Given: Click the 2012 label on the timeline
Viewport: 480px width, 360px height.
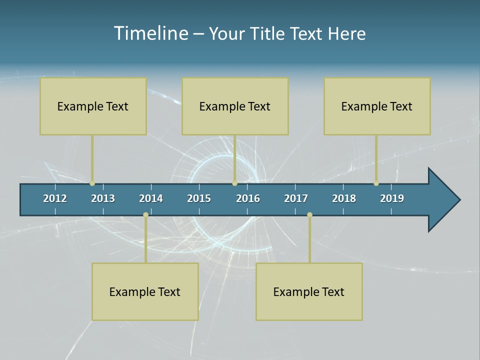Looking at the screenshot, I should (55, 198).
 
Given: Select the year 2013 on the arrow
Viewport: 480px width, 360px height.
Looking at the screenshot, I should (103, 198).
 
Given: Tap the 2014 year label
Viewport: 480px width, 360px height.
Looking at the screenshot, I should (151, 198).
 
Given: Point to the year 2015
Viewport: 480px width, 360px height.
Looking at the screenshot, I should (199, 198).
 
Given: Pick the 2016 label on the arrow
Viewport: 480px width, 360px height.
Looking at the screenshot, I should (248, 198).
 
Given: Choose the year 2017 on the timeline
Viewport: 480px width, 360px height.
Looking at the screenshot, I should (296, 198).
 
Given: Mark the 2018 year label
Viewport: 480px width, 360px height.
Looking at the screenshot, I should (344, 198).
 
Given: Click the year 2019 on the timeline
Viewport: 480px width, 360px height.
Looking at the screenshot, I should (392, 198).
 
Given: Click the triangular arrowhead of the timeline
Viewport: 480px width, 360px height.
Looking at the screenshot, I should (442, 200).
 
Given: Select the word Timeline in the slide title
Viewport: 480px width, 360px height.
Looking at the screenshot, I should (151, 33).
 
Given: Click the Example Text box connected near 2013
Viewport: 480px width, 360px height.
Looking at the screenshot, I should (93, 106).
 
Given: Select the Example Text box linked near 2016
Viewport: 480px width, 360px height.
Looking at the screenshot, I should (235, 106).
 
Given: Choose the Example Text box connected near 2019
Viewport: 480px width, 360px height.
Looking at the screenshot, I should (377, 106).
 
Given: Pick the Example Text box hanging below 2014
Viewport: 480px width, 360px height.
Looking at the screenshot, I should (145, 291).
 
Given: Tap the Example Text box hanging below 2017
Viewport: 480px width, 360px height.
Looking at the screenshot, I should (309, 291).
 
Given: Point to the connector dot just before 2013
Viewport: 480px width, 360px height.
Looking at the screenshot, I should (92, 183).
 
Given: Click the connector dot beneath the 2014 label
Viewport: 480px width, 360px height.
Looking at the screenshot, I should (145, 215).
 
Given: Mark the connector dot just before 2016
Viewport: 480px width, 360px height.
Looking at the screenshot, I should (234, 183).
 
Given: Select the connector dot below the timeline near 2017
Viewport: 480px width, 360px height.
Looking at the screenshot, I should (309, 215).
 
